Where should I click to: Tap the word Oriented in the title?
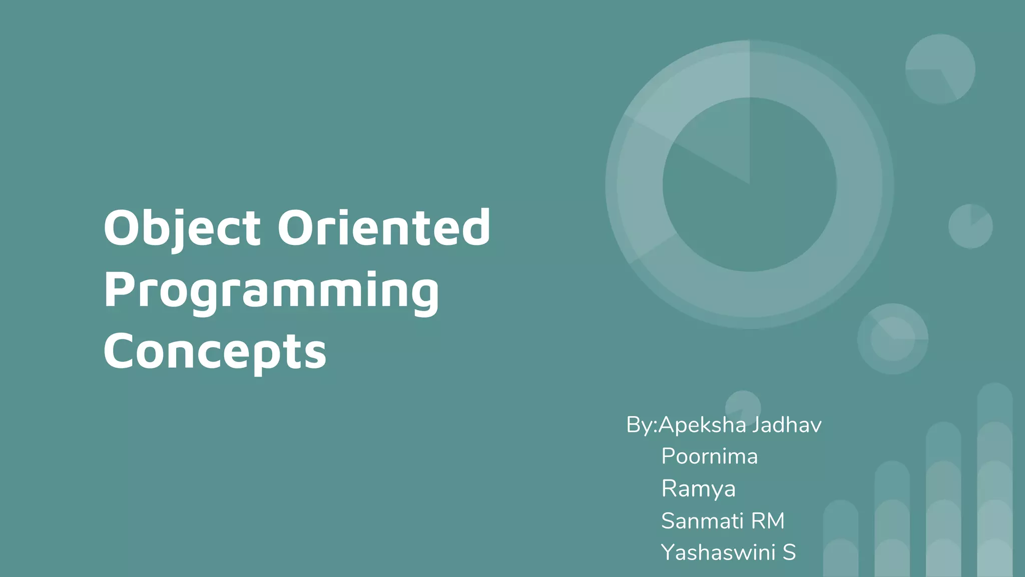click(x=384, y=228)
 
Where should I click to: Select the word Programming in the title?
click(x=271, y=291)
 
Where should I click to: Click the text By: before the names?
click(x=641, y=425)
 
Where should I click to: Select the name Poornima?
click(x=709, y=456)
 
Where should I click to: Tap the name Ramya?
click(x=698, y=488)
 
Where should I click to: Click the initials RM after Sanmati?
click(x=768, y=521)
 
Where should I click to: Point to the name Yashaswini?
click(x=718, y=552)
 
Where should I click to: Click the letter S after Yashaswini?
click(x=789, y=552)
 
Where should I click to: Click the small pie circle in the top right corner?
click(x=940, y=69)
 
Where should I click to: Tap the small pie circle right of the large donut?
click(x=970, y=226)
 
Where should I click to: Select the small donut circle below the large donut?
click(x=892, y=339)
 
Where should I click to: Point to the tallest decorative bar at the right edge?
click(x=994, y=481)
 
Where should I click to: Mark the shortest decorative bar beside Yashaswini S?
click(x=841, y=538)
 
